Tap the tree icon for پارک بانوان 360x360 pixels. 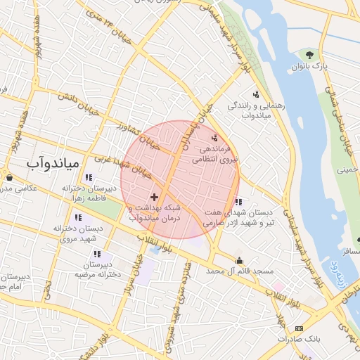click(x=309, y=55)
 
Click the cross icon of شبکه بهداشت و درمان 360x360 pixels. click(x=154, y=197)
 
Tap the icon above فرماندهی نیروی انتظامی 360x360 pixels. click(x=214, y=138)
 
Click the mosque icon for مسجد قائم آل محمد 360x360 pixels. click(x=239, y=260)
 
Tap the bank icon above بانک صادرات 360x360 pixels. click(x=300, y=328)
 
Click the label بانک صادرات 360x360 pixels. click(x=299, y=339)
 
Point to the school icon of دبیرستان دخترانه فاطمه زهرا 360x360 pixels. click(x=89, y=178)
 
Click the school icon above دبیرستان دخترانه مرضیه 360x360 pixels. click(x=97, y=254)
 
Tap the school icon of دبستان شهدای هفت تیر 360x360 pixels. click(x=238, y=202)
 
